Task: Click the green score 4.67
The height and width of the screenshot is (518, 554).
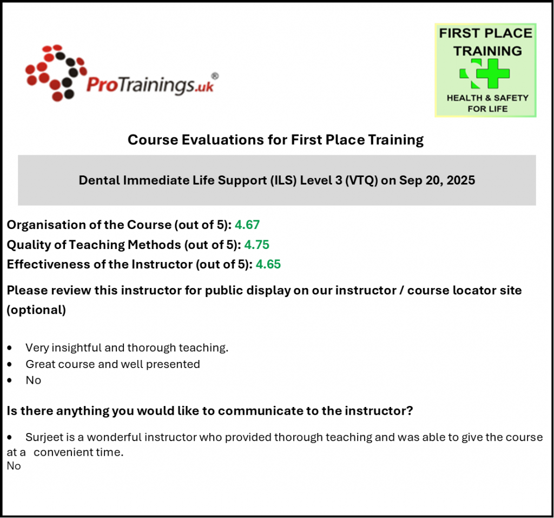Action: click(x=247, y=225)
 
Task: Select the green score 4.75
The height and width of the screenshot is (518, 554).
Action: click(x=257, y=245)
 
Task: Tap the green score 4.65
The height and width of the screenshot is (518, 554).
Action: click(x=268, y=264)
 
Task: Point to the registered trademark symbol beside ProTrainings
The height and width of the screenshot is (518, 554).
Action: click(x=214, y=76)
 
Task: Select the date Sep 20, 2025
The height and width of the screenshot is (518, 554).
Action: click(x=437, y=180)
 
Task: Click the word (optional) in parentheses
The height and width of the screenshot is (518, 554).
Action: click(x=36, y=310)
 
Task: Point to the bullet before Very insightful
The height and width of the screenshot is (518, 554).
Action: click(x=10, y=348)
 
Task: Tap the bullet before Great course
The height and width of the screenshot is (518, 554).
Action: click(x=10, y=364)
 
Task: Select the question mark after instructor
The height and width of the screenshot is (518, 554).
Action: click(x=410, y=411)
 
